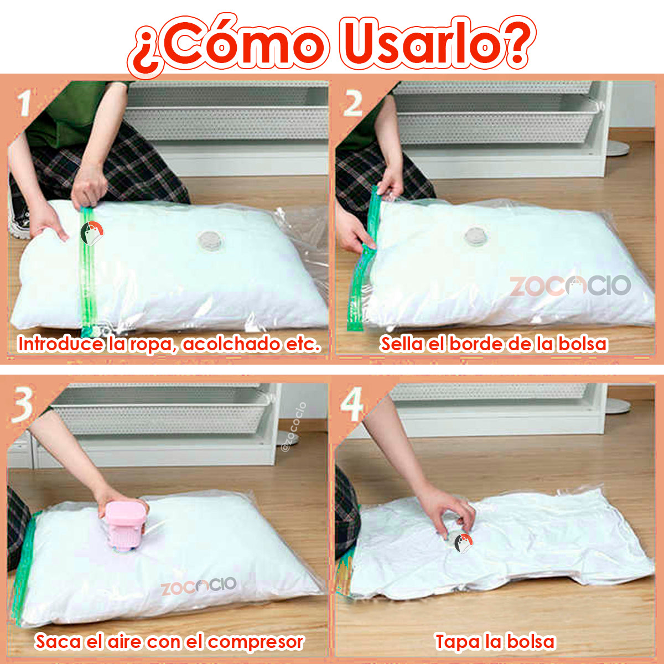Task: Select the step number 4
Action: [351, 403]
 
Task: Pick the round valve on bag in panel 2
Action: [476, 236]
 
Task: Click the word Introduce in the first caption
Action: [60, 344]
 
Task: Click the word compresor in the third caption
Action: [256, 642]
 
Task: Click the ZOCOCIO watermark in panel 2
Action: [570, 286]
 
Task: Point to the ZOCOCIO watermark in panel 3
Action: [199, 585]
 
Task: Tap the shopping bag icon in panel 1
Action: [92, 233]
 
